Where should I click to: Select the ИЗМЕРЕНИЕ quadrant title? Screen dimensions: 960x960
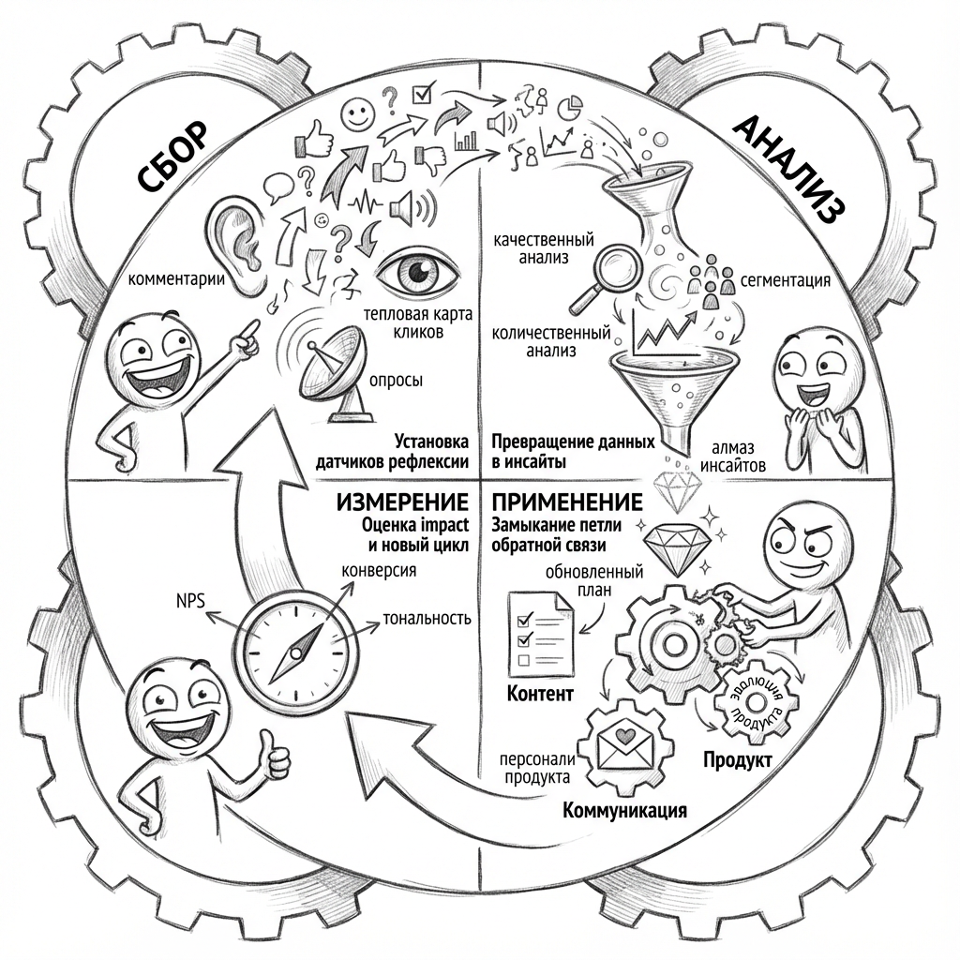(x=402, y=502)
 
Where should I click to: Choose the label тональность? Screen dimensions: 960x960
(x=427, y=620)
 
